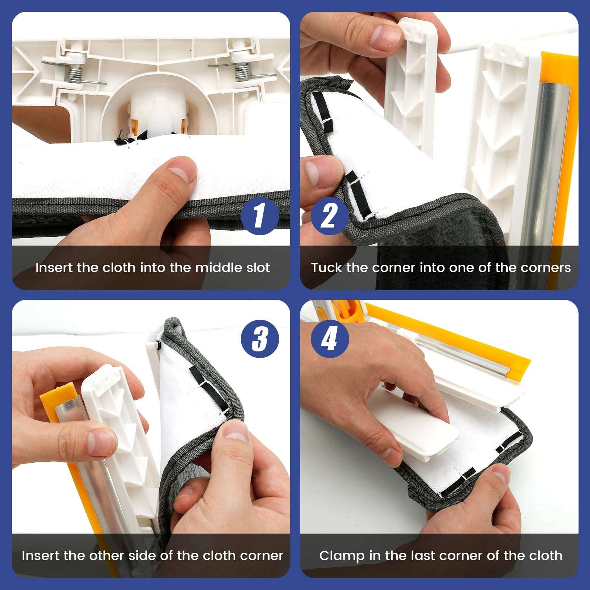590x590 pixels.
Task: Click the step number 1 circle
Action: [x=260, y=216]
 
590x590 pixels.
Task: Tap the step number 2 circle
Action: [x=330, y=216]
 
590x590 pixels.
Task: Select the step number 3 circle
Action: [x=260, y=339]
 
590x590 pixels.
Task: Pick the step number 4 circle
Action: [x=330, y=339]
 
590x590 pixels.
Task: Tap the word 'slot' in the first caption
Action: [x=258, y=267]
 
